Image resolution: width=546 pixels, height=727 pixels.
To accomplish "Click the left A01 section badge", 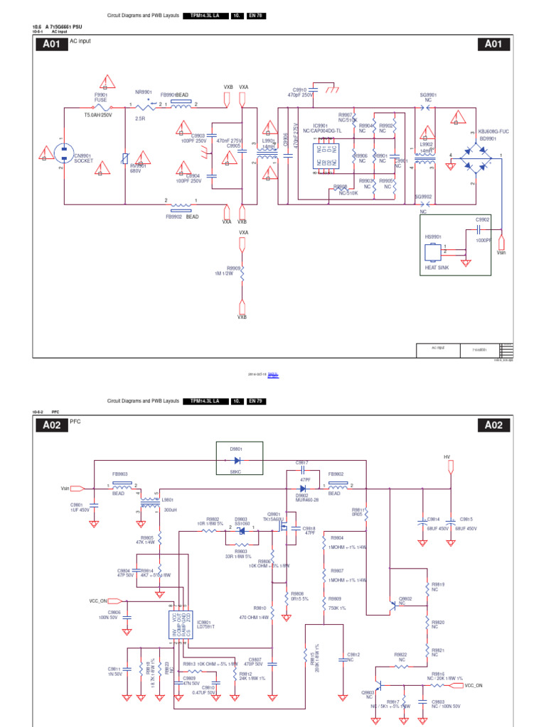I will click(50, 44).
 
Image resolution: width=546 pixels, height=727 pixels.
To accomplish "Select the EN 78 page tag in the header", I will click(255, 16).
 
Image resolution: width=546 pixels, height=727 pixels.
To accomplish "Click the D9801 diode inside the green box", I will click(240, 460).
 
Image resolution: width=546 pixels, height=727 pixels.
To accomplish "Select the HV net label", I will click(447, 457).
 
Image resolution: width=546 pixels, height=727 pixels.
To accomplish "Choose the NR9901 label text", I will click(144, 92).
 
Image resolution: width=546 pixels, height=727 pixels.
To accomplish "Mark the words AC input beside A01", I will click(80, 42).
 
